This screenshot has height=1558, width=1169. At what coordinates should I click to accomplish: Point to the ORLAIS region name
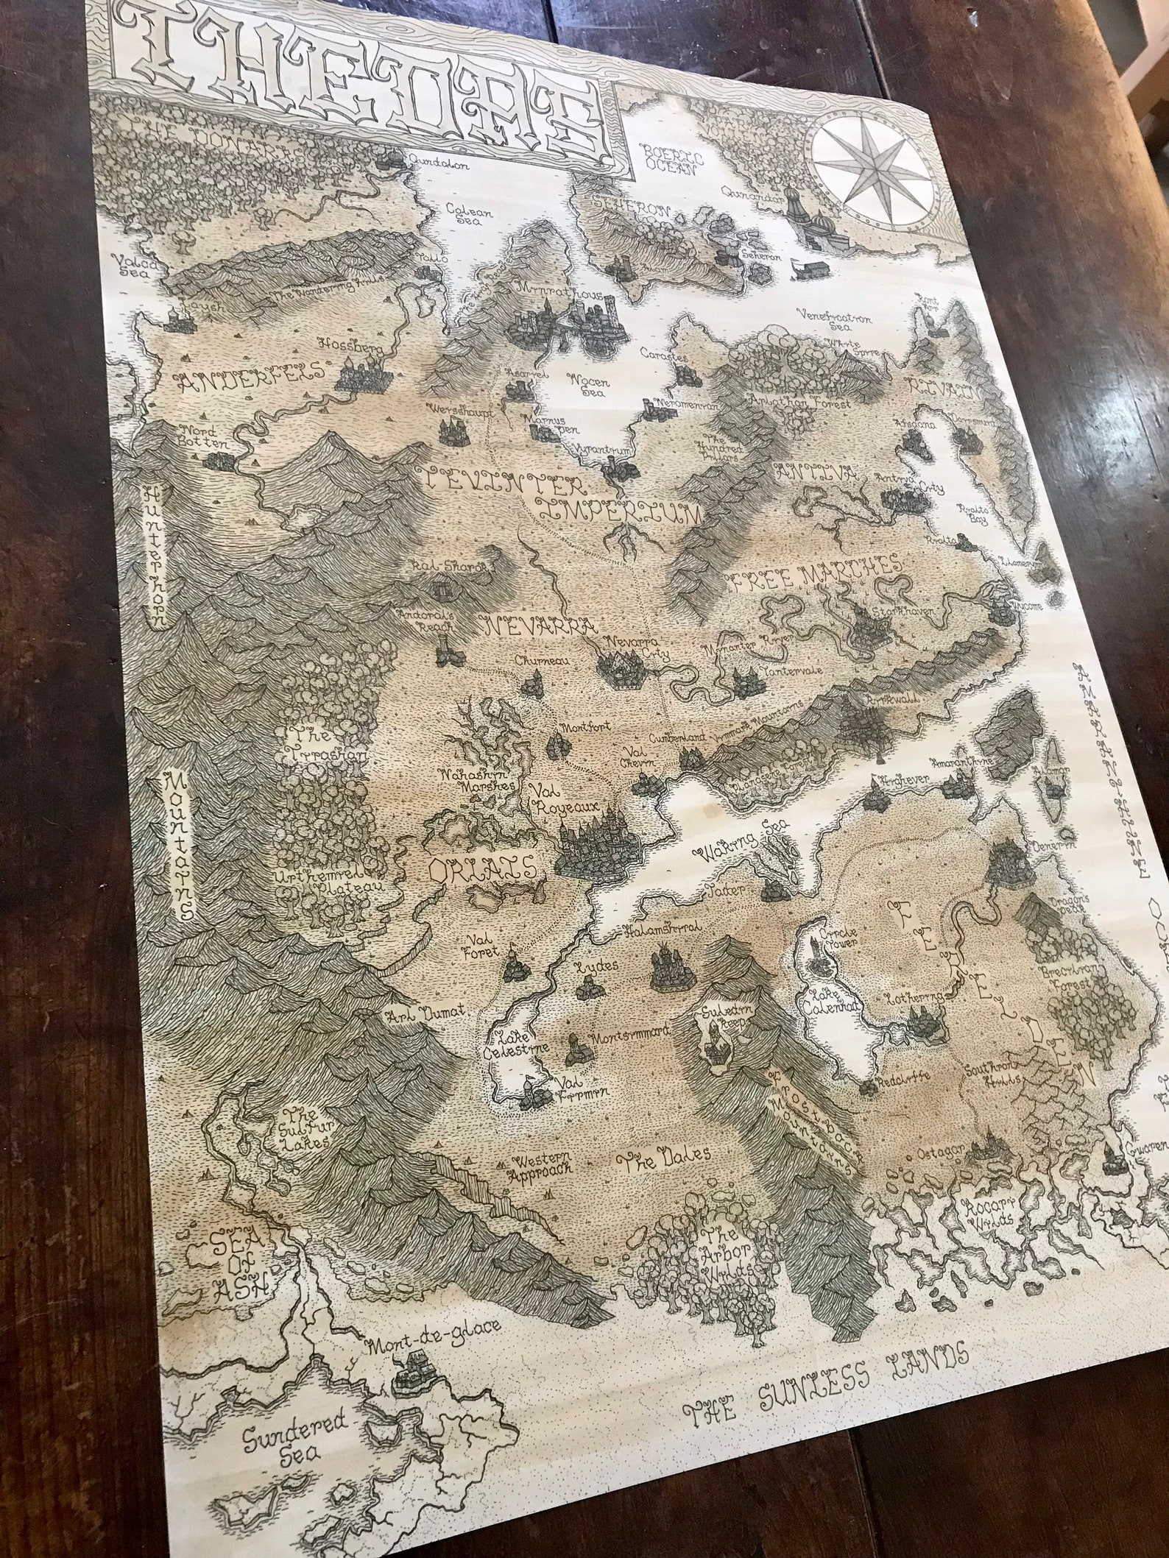483,870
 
